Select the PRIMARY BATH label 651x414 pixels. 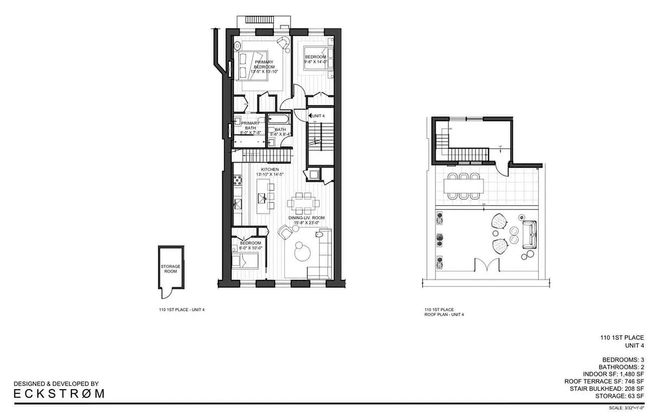point(247,126)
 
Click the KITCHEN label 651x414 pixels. point(270,169)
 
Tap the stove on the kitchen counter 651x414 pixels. point(239,181)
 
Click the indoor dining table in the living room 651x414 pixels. point(300,202)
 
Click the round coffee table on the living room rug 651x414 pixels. point(301,254)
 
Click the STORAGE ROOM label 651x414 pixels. point(170,269)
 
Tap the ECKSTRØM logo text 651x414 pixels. point(59,393)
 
